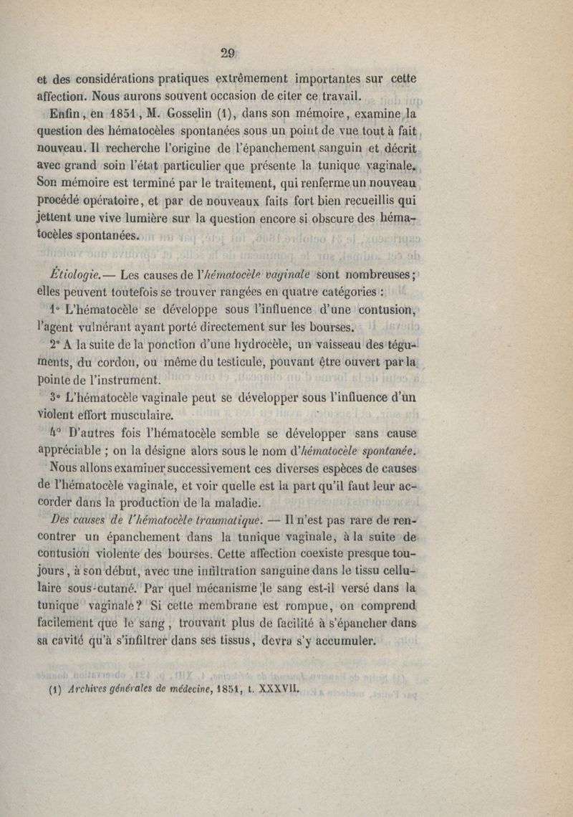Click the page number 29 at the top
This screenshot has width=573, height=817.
tap(228, 52)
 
